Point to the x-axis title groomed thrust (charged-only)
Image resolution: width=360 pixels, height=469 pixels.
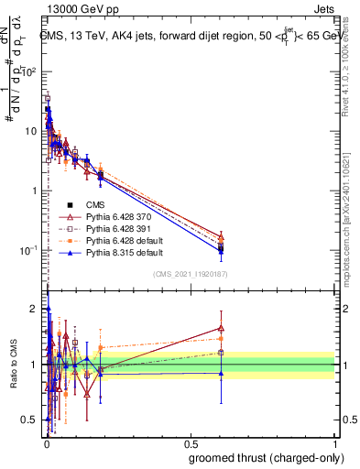tap(266, 457)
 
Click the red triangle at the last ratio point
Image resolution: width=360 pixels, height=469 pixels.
tap(220, 327)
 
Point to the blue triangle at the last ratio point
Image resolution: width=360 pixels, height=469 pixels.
tap(220, 373)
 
